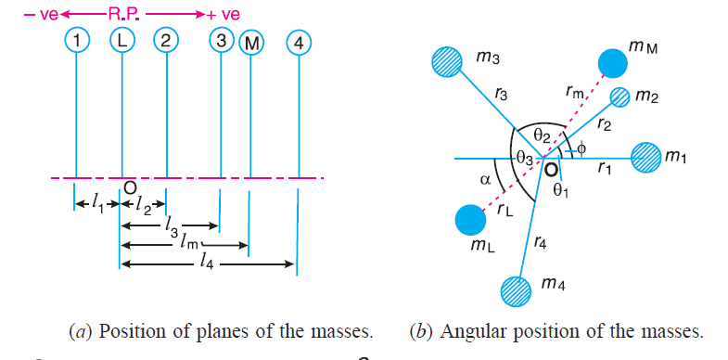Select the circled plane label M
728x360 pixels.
pos(251,45)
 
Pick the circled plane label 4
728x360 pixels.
pos(299,44)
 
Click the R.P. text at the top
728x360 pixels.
pos(125,14)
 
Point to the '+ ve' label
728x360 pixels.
pos(224,15)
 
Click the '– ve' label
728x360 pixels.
pos(41,15)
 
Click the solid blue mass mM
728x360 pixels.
pos(613,63)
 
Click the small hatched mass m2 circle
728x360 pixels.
pos(619,98)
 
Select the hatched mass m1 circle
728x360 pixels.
pos(645,159)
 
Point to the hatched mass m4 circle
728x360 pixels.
pos(516,290)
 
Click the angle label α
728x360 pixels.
pos(485,180)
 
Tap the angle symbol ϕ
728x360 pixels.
pos(581,149)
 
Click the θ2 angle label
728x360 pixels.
pos(543,136)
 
